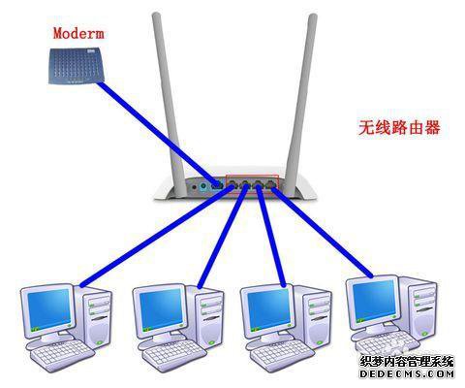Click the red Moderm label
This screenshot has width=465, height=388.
pyautogui.click(x=78, y=33)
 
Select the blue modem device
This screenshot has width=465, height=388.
pyautogui.click(x=77, y=66)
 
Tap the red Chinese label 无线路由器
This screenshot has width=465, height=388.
pyautogui.click(x=399, y=127)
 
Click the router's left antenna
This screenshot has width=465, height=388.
pyautogui.click(x=169, y=104)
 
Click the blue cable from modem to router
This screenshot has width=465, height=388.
pyautogui.click(x=159, y=134)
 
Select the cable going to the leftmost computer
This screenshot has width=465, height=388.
pyautogui.click(x=157, y=236)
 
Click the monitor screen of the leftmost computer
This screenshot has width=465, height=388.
pyautogui.click(x=48, y=308)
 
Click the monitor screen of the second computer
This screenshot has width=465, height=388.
pyautogui.click(x=161, y=308)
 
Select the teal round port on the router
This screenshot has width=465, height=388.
pyautogui.click(x=203, y=186)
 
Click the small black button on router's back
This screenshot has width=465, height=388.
pyautogui.click(x=194, y=187)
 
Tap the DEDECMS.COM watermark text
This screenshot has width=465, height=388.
pyautogui.click(x=407, y=374)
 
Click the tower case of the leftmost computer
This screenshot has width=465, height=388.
pyautogui.click(x=94, y=317)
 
